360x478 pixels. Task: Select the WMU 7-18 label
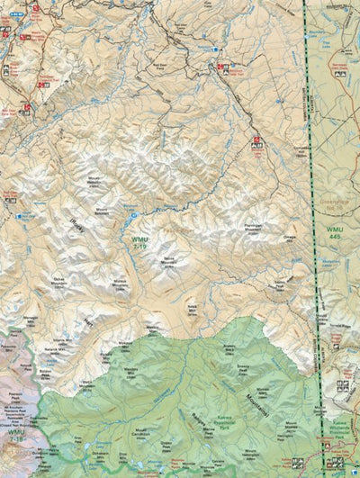click(15, 437)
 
